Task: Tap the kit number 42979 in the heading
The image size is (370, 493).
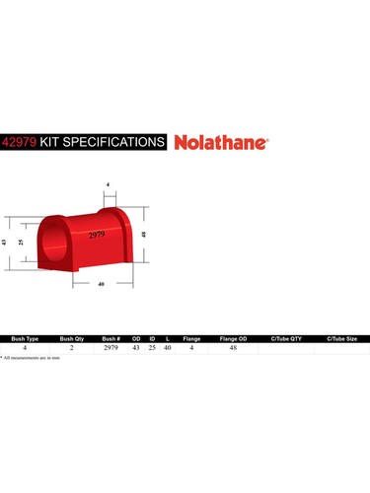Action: pyautogui.click(x=21, y=141)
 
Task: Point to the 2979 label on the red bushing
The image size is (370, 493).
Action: pyautogui.click(x=98, y=235)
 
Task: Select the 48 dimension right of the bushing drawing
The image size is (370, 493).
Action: pyautogui.click(x=144, y=235)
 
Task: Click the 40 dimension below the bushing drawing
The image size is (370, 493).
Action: pyautogui.click(x=102, y=285)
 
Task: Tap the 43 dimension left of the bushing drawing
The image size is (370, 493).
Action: pyautogui.click(x=6, y=242)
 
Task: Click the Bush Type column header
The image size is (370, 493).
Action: pyautogui.click(x=25, y=337)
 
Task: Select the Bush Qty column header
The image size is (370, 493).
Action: pyautogui.click(x=73, y=337)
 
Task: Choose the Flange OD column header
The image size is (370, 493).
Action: pyautogui.click(x=233, y=337)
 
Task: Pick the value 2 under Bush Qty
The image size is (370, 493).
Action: pyautogui.click(x=72, y=347)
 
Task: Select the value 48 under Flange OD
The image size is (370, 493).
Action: pyautogui.click(x=233, y=347)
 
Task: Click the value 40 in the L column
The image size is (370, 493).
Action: pyautogui.click(x=168, y=347)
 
